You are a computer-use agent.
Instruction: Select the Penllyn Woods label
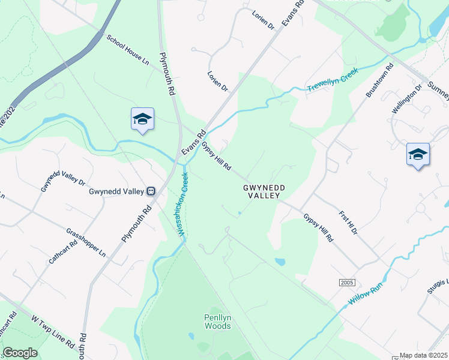tap(217, 322)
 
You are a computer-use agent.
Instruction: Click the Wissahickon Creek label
tap(184, 204)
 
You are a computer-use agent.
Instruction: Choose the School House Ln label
tap(127, 50)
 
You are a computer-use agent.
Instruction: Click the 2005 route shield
tap(347, 282)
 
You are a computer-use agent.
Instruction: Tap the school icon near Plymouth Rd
tap(142, 119)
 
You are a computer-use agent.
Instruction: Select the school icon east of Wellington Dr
tap(418, 155)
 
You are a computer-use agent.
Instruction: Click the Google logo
tap(19, 353)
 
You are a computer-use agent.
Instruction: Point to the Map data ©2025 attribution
tap(424, 355)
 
